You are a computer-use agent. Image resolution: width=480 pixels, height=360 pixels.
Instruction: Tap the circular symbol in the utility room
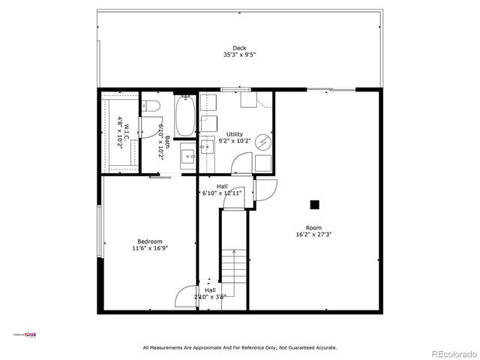[262, 141]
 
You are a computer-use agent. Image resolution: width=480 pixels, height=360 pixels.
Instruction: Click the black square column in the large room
[315, 204]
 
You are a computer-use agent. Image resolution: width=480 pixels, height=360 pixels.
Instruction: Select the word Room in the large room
[313, 228]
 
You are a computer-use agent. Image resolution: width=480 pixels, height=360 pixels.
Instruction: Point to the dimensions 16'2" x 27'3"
[313, 235]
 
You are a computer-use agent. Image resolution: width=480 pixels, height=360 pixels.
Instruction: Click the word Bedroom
[150, 241]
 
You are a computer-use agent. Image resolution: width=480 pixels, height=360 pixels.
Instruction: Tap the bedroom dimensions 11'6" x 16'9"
[150, 248]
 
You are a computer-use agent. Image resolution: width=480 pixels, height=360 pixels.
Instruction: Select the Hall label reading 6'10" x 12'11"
[222, 190]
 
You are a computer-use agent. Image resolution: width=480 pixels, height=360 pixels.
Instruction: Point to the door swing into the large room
[267, 190]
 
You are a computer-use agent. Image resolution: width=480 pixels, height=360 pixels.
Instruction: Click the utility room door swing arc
[241, 162]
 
